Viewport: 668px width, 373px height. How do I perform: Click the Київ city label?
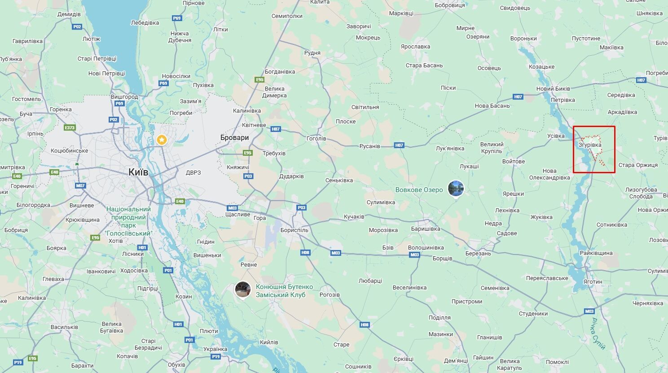coord(138,172)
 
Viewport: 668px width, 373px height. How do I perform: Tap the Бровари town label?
coord(234,137)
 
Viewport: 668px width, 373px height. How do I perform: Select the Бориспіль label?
coord(294,230)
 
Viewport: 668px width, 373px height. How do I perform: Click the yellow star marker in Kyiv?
coord(162,140)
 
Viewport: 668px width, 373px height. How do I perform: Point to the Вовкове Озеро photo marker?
coord(456,188)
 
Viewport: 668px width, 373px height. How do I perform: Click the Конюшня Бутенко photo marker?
coord(243,290)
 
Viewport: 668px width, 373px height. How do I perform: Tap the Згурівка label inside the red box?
coord(590,145)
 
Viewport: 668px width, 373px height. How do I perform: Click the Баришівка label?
coord(426,229)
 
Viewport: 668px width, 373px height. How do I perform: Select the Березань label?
coord(478,254)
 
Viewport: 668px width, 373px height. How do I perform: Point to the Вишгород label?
coord(124,97)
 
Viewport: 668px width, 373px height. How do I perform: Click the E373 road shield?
coord(70,127)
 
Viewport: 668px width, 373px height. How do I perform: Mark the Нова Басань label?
coord(492,106)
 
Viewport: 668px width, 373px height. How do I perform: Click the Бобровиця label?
coord(450,5)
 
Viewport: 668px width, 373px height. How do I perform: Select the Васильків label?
coord(65,327)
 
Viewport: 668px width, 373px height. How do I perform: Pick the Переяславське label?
coord(547,278)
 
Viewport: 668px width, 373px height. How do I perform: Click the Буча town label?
coord(26,114)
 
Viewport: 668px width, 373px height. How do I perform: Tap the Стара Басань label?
coord(424,66)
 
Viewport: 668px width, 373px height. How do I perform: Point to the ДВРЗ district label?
coord(193,172)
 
